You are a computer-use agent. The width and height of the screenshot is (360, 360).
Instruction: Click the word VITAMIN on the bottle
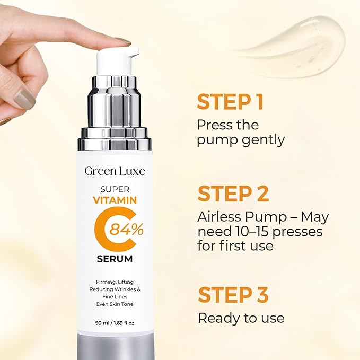pos(115,200)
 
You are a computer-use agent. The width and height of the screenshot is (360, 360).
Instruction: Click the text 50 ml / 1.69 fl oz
pos(115,322)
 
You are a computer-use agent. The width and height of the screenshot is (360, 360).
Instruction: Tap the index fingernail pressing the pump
pos(124,41)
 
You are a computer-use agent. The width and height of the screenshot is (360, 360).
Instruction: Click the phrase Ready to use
pos(241,318)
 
